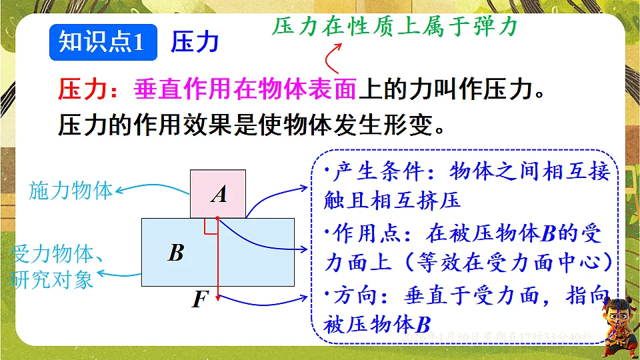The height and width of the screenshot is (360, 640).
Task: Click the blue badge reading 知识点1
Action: pos(102,42)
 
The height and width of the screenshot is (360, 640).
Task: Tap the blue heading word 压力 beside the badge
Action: pos(195,42)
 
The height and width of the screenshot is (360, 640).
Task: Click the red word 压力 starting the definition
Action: pos(79,89)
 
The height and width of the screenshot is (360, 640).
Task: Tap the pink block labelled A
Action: pos(218,194)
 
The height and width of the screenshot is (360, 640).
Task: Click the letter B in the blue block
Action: pos(175,253)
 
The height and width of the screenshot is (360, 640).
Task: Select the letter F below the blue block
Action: pos(198,299)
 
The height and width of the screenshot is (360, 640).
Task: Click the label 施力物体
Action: pos(71,191)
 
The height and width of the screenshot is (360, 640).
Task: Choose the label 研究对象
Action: pos(52,279)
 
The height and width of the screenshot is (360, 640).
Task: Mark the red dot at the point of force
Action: pos(217,218)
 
